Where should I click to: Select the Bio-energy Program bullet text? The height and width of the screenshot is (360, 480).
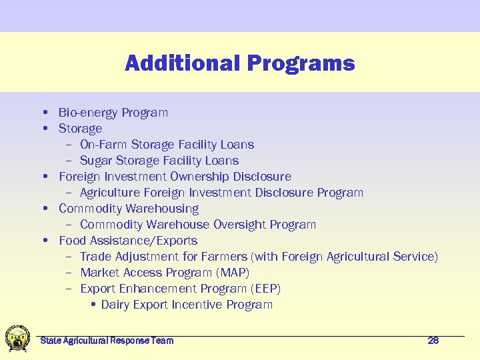tap(113, 113)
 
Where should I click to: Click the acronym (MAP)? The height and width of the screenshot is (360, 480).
tap(233, 273)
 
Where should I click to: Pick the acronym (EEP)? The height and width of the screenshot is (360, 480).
tap(265, 289)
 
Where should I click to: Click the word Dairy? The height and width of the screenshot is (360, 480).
tap(115, 305)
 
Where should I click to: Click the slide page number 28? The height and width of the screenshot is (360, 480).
tap(433, 341)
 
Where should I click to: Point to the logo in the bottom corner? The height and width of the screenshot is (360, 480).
tap(17, 339)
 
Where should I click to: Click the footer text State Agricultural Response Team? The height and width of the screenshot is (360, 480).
tap(107, 341)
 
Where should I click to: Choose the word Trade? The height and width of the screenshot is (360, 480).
tap(96, 257)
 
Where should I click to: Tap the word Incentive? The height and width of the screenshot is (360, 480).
tap(197, 305)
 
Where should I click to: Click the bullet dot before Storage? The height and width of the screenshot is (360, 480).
tap(44, 129)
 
